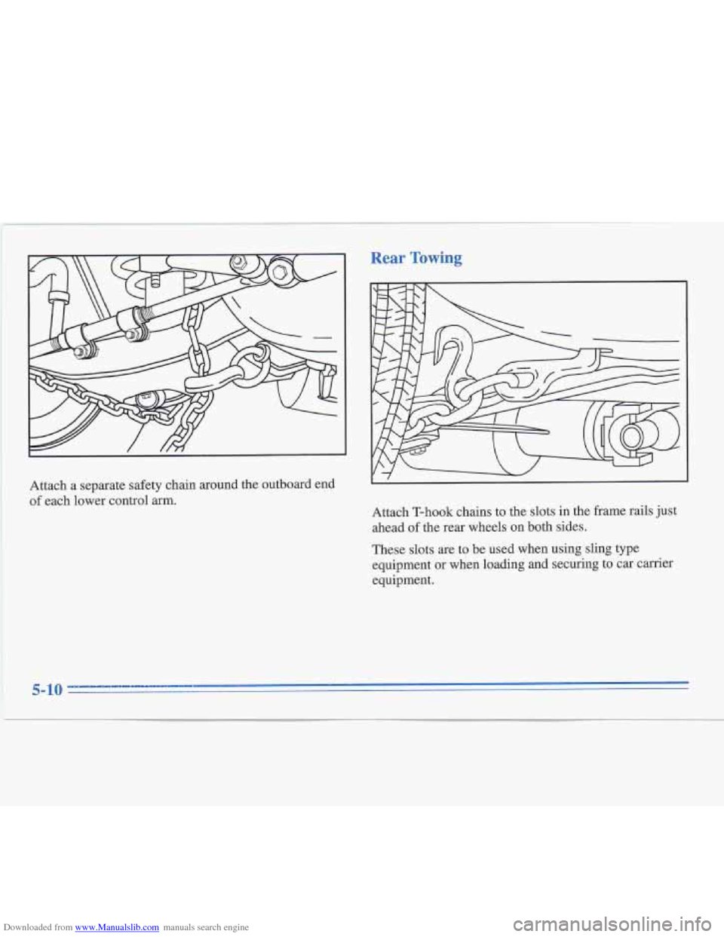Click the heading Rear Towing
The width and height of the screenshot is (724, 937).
(416, 258)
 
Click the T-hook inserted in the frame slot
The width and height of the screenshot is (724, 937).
(584, 355)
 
